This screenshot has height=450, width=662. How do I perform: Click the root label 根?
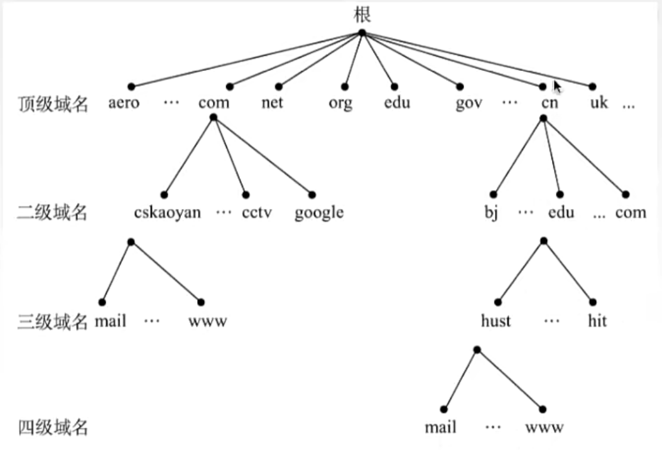(x=362, y=14)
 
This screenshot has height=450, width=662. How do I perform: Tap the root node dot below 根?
(x=362, y=33)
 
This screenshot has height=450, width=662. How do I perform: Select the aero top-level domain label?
(x=124, y=102)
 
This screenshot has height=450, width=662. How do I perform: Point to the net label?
(x=272, y=102)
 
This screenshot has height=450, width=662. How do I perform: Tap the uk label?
(x=599, y=102)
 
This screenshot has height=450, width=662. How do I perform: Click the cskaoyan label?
(x=167, y=212)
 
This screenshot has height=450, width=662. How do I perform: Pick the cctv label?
(x=257, y=212)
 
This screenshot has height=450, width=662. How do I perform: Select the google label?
(x=319, y=213)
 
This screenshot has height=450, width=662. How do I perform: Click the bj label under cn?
(x=491, y=212)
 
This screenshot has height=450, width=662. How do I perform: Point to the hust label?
(x=496, y=321)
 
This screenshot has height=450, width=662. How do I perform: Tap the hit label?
(x=597, y=321)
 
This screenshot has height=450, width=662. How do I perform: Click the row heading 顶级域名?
(x=53, y=104)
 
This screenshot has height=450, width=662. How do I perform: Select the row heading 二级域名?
(x=52, y=212)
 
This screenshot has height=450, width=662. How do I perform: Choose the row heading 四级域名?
(x=53, y=427)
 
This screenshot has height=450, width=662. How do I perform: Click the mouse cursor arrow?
(x=557, y=87)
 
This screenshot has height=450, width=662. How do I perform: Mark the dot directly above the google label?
(x=312, y=195)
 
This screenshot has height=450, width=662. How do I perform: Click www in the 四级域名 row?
(x=544, y=427)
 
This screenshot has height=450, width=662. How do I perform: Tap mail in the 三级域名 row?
(x=111, y=321)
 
